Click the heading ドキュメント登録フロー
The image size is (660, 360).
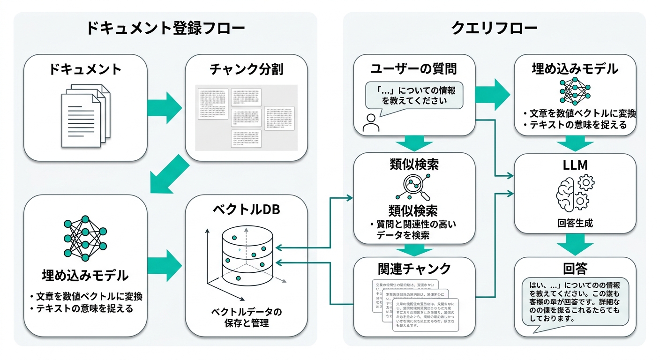coord(165,29)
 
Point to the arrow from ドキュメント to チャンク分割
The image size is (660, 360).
coord(165,107)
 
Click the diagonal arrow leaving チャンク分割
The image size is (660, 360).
coord(169,177)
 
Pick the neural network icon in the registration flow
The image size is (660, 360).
coord(85,238)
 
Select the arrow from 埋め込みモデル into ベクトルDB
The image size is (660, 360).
coord(165,266)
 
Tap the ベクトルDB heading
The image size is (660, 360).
coord(246,210)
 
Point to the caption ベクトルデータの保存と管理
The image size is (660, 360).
coord(247,317)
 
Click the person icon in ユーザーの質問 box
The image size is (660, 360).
coord(371,123)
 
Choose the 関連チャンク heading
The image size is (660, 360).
coord(414,269)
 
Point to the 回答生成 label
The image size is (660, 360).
coord(575,223)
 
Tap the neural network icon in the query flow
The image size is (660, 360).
coord(575,91)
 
